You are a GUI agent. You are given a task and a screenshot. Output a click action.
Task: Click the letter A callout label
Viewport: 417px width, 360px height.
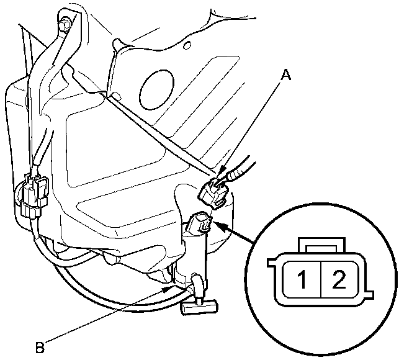coord(286,76)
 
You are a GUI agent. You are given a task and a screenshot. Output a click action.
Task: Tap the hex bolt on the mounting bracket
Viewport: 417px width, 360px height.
coord(63,25)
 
